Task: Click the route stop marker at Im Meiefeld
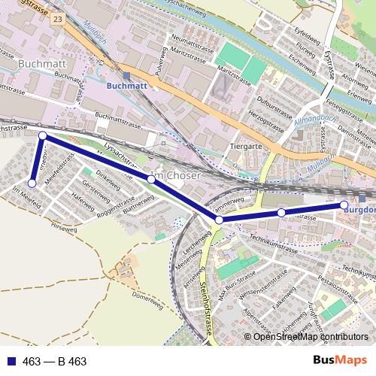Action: tap(32, 183)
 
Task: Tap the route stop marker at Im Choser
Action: tap(151, 179)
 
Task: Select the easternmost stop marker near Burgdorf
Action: tap(344, 205)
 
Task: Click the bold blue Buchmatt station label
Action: tap(129, 86)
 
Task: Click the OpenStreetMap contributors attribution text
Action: tap(310, 337)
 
